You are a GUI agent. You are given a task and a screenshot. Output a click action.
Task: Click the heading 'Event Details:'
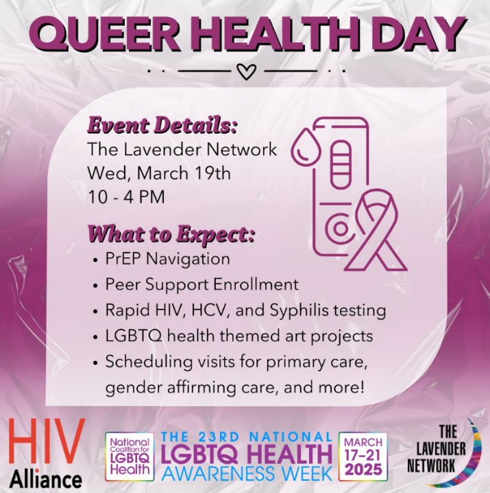click(x=162, y=125)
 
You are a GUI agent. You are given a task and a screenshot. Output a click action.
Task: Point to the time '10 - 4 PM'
click(x=126, y=197)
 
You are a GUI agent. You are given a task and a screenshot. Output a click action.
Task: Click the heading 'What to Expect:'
click(x=171, y=234)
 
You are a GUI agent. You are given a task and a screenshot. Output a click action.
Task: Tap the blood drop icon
click(x=306, y=147)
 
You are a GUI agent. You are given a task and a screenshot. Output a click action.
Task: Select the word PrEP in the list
click(x=123, y=259)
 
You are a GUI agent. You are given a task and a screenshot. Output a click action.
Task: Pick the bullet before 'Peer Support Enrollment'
click(x=96, y=286)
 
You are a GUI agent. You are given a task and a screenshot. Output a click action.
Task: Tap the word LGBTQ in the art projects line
click(x=134, y=336)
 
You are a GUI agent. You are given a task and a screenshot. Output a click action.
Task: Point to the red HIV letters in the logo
click(x=47, y=442)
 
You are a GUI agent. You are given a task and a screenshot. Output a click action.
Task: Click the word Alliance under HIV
click(x=46, y=480)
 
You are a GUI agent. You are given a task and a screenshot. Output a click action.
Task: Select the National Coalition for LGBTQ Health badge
click(x=130, y=457)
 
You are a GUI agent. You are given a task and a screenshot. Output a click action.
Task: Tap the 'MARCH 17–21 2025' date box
click(x=363, y=457)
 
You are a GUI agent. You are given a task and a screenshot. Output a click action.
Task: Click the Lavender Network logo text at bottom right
click(x=437, y=448)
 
